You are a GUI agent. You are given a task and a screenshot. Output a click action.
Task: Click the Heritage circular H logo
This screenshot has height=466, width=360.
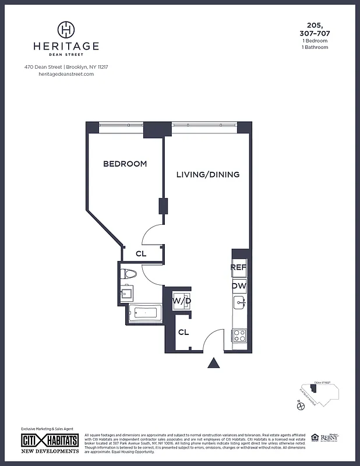(x=67, y=29)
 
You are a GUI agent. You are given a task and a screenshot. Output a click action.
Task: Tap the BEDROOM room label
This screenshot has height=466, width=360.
(x=125, y=164)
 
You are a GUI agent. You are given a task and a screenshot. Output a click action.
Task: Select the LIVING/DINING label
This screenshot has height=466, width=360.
(x=208, y=175)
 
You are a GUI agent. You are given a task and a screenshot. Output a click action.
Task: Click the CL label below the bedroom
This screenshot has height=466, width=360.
(x=141, y=254)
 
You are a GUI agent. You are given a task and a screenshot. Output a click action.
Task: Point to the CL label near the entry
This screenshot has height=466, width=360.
(x=183, y=333)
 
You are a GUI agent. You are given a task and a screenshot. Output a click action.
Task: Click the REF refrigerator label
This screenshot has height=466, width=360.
(x=239, y=267)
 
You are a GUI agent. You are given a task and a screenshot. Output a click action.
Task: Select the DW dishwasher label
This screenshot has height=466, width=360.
(x=239, y=286)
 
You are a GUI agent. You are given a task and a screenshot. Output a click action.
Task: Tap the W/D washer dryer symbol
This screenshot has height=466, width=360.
(x=182, y=301)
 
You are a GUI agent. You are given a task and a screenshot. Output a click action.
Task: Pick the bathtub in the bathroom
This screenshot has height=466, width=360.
(x=143, y=313)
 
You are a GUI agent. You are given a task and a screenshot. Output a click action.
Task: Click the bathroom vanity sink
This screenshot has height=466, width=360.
(x=126, y=293)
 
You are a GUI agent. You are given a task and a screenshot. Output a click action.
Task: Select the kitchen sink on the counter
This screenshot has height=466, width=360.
(x=239, y=303)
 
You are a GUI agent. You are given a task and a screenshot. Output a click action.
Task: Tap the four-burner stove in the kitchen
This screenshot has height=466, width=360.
(x=239, y=336)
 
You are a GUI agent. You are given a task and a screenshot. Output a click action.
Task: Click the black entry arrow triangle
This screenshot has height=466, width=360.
(x=214, y=363)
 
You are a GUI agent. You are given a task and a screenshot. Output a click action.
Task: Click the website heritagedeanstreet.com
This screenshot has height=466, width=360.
(x=66, y=75)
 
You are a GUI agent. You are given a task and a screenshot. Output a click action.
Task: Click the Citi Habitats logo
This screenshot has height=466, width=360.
(x=50, y=440)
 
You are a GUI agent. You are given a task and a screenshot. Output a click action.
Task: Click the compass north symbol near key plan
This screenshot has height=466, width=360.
(x=301, y=407)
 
